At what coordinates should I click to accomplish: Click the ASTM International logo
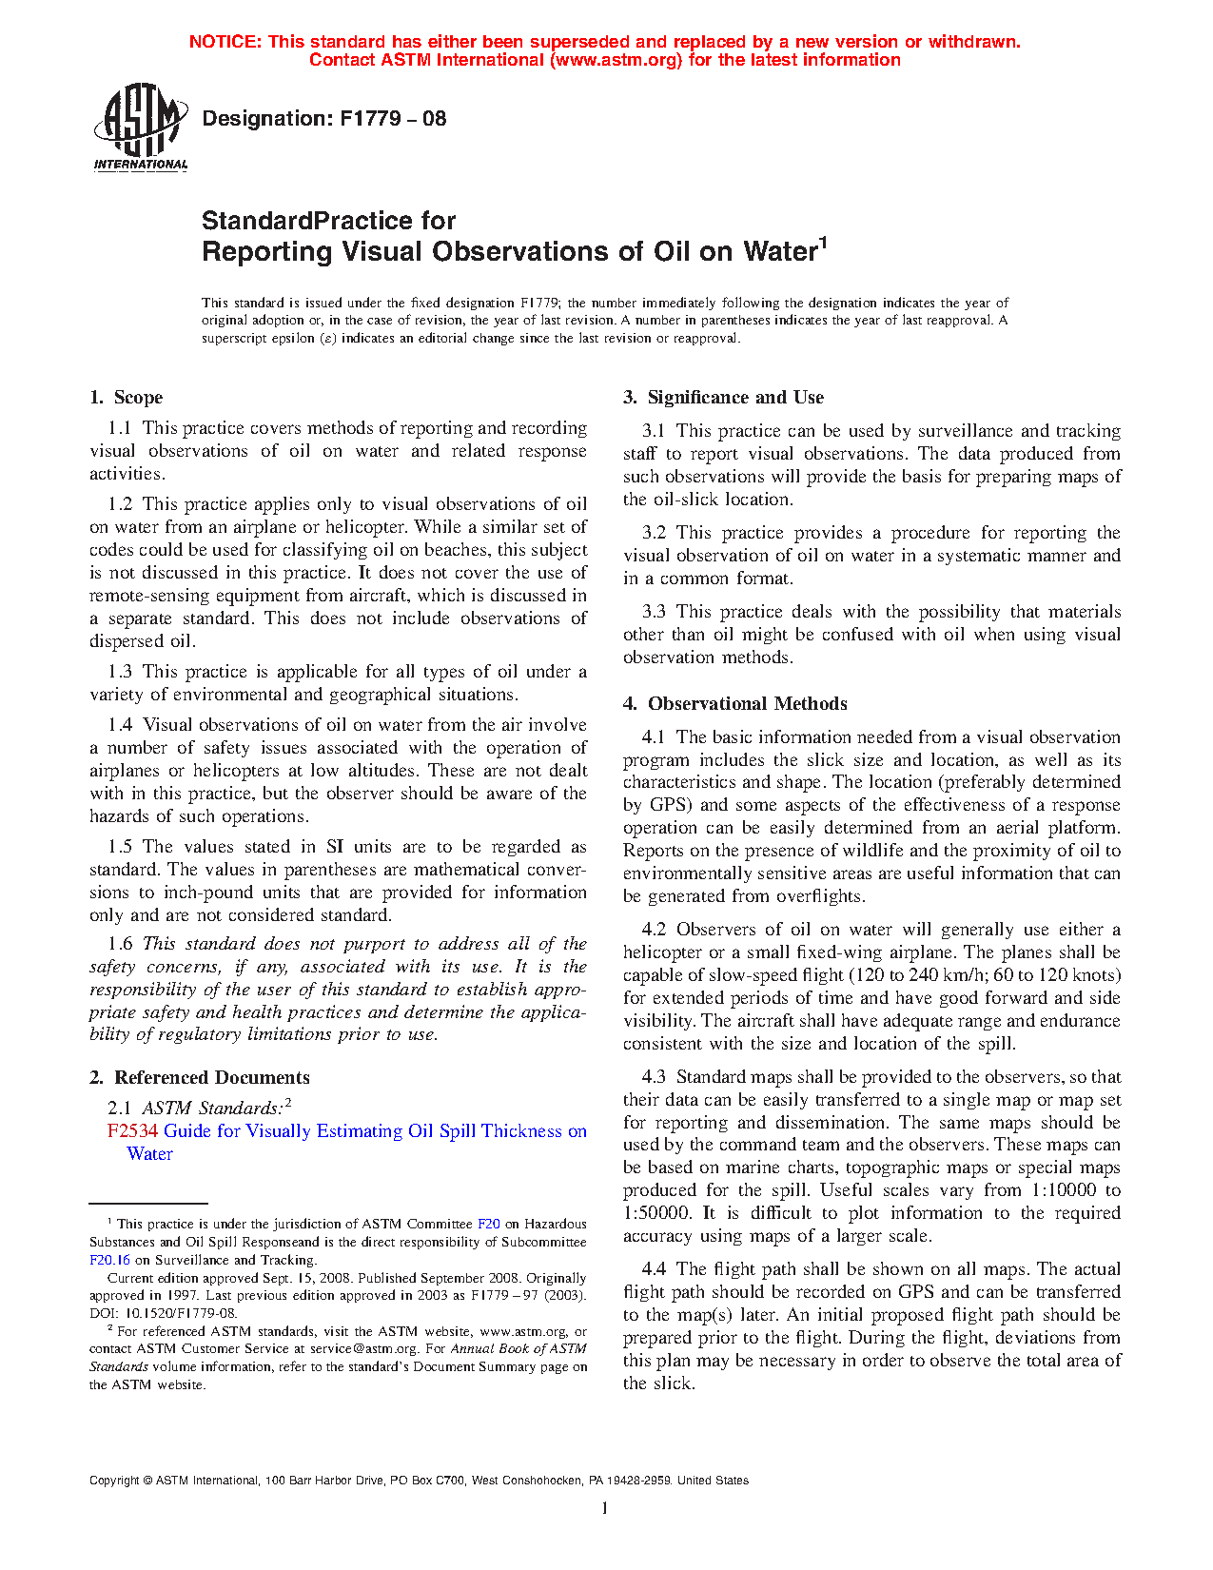(140, 127)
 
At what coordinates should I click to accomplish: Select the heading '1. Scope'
(127, 398)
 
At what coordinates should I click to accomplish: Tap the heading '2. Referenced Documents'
(200, 1078)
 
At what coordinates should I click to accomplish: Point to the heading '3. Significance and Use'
(724, 398)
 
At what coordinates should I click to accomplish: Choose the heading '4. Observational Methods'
(735, 704)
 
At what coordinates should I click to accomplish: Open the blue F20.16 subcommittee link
(109, 1260)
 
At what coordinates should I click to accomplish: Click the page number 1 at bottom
(604, 1507)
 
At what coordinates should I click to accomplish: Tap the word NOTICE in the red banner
(225, 42)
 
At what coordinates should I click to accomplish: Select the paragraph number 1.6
(120, 944)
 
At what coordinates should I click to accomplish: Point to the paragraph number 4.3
(655, 1077)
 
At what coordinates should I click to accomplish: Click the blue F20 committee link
(488, 1225)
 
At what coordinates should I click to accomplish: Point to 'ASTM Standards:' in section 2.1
(212, 1109)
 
